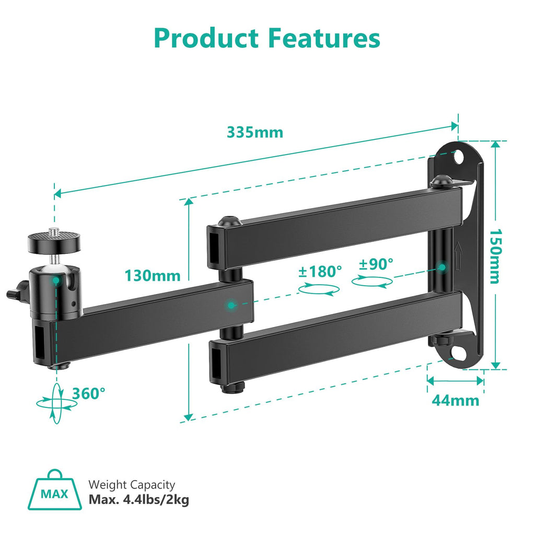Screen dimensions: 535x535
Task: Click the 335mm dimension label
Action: click(255, 132)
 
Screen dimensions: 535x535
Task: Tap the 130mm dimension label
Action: click(153, 275)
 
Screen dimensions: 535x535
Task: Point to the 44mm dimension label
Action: click(455, 400)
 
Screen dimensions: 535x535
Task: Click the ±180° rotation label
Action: click(320, 271)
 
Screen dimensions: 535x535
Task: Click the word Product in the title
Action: click(207, 38)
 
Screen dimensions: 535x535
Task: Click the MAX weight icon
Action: click(55, 493)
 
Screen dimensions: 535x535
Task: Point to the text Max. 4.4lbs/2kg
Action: click(139, 499)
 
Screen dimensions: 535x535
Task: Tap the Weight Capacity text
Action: click(132, 485)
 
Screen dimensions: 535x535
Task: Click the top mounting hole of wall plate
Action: click(460, 157)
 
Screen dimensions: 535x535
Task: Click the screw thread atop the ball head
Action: click(54, 231)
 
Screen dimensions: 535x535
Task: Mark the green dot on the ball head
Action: click(55, 281)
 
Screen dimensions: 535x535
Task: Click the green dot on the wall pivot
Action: click(442, 267)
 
